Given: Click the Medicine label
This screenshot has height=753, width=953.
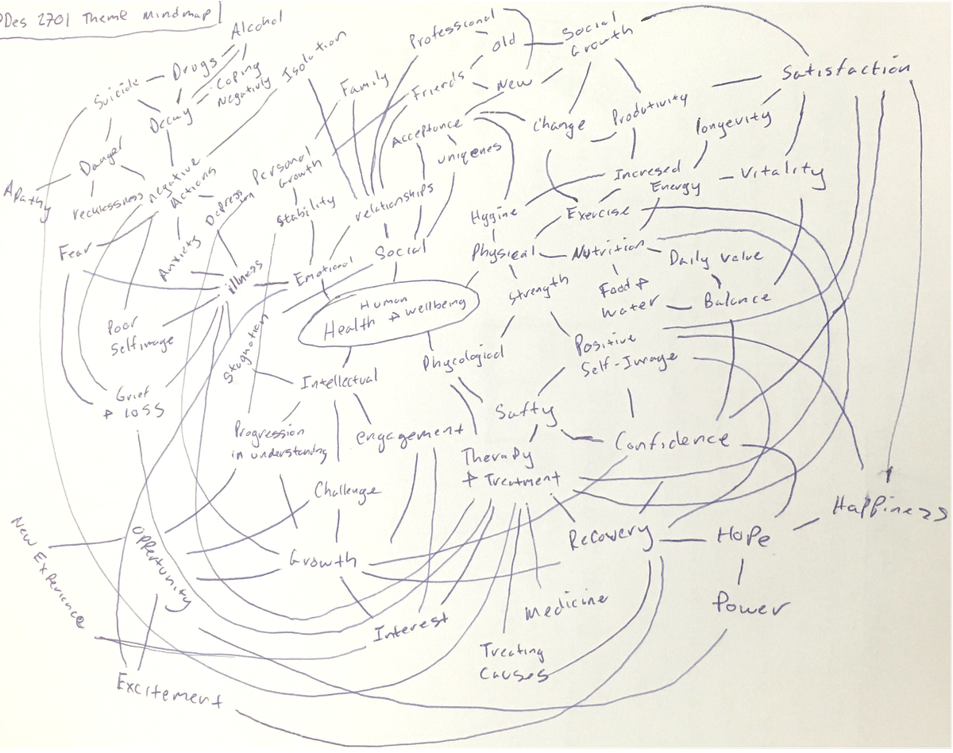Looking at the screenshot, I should coord(565,608).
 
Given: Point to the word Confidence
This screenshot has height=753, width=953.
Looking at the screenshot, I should coord(672,440).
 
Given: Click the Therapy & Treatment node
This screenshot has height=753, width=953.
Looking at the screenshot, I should coord(508,468).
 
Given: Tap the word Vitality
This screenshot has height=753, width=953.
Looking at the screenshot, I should coord(782,172).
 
